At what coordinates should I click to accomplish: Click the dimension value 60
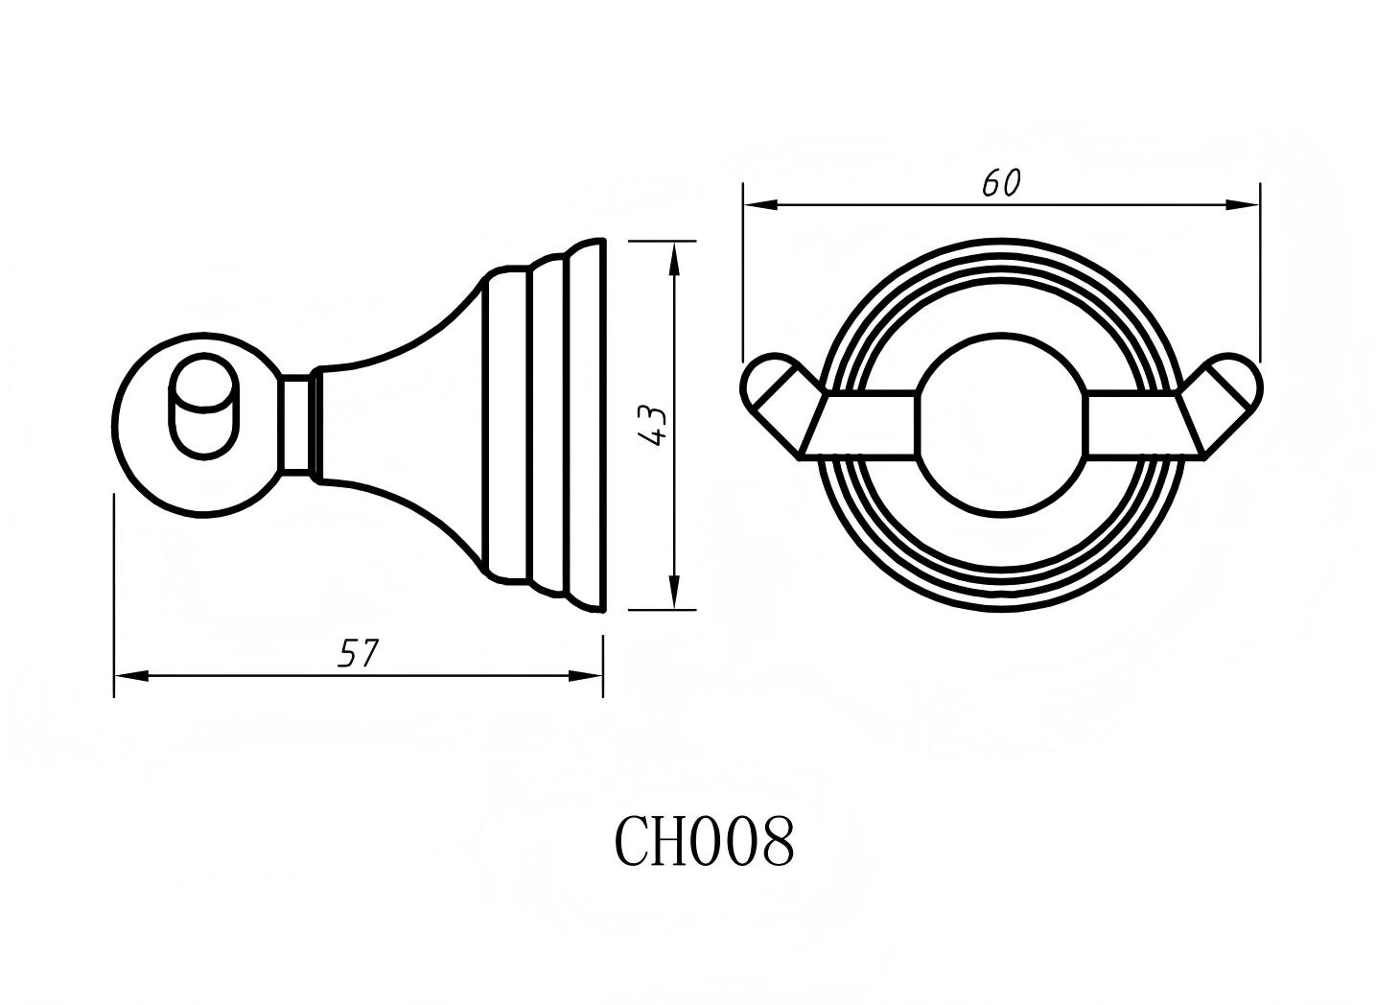1001,183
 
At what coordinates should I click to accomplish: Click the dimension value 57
359,654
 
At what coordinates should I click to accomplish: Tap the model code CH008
704,841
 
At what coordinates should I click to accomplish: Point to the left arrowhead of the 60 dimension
758,204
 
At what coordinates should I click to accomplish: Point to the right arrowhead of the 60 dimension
1245,204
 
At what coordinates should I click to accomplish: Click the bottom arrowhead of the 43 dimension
674,595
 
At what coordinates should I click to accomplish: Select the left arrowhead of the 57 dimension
129,675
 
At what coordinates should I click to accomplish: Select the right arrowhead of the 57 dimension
587,675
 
